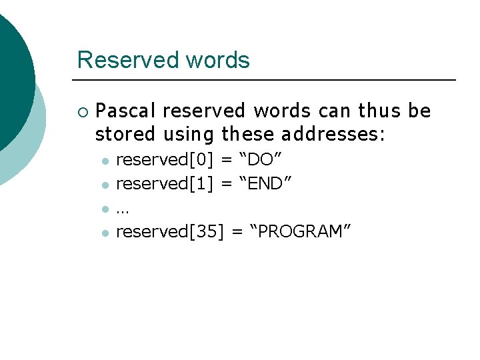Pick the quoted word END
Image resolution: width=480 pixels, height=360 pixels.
tap(267, 183)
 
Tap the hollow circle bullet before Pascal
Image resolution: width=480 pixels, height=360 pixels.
tap(82, 111)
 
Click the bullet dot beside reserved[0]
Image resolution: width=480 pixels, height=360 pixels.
tap(104, 161)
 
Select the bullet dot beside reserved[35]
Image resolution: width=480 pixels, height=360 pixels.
tap(104, 232)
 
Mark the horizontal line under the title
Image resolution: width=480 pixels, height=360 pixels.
tap(266, 80)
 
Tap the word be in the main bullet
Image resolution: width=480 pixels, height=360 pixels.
tap(421, 111)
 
